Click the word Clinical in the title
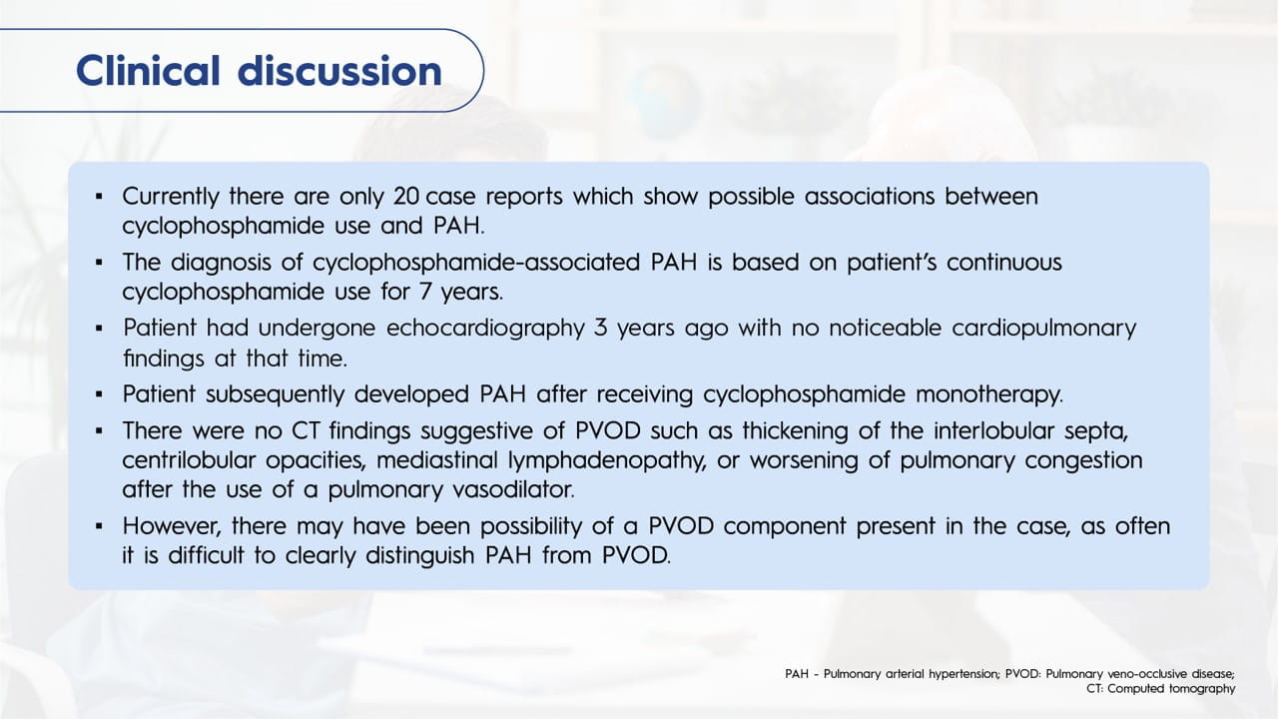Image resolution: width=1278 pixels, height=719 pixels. (x=148, y=71)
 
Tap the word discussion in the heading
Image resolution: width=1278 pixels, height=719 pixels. (x=340, y=71)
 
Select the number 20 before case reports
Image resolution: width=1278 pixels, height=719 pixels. (x=406, y=197)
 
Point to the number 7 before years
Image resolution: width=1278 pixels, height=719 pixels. (x=425, y=293)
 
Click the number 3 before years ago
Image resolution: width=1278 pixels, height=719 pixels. (x=600, y=329)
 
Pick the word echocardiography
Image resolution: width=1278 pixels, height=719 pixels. (x=485, y=330)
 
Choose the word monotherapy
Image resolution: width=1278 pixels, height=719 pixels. (x=989, y=394)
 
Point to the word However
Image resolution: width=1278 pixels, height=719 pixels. (x=172, y=526)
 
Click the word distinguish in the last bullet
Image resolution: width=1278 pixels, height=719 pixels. (x=420, y=556)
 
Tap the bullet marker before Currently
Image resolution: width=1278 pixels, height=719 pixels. (x=99, y=197)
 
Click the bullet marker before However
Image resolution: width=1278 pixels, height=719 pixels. (x=99, y=526)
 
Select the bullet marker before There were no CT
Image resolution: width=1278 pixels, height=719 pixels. (x=99, y=430)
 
